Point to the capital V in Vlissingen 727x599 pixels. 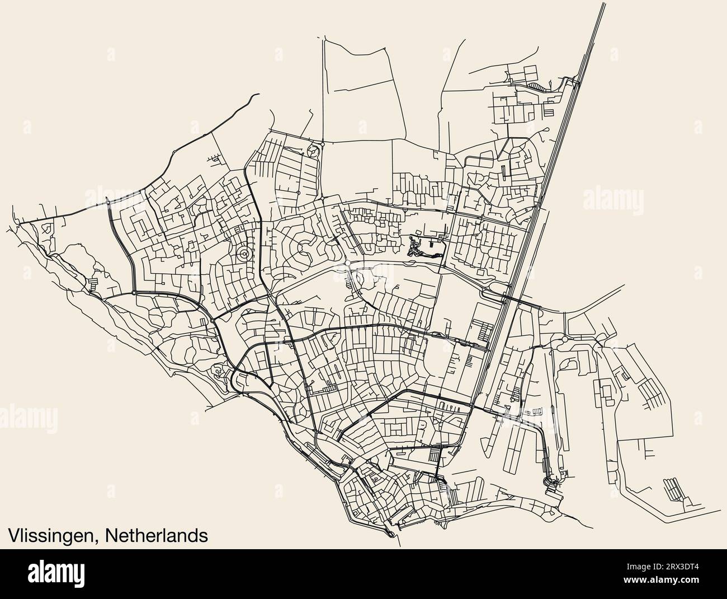[x=13, y=535]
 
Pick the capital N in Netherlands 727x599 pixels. [x=110, y=535]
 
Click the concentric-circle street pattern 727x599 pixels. [x=244, y=255]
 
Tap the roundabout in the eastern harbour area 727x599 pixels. [x=564, y=339]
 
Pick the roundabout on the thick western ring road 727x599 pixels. [x=134, y=292]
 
